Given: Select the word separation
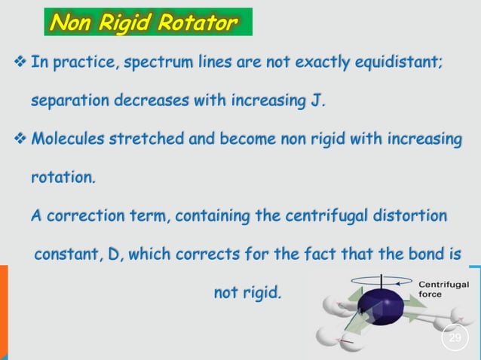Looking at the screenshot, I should coord(69,100).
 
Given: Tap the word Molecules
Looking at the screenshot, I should coord(69,139).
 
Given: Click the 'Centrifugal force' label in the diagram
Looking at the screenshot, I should coord(443,289).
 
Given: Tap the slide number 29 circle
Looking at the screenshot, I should coord(455,337).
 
